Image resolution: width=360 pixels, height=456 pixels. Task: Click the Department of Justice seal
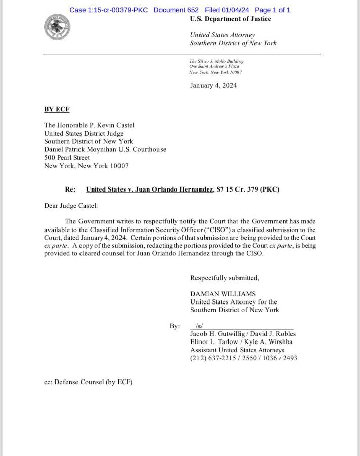click(x=57, y=27)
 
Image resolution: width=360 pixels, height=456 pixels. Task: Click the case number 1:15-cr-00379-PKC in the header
click(x=108, y=10)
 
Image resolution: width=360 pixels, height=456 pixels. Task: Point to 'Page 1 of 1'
click(x=272, y=10)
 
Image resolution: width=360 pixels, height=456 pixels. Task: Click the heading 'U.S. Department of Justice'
click(x=230, y=19)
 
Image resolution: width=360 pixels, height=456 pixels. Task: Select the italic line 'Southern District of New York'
click(x=233, y=43)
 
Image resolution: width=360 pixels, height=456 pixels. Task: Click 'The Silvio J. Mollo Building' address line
click(x=216, y=61)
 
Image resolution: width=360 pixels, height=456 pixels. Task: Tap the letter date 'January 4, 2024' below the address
click(x=213, y=85)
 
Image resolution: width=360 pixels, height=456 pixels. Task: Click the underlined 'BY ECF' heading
click(x=57, y=109)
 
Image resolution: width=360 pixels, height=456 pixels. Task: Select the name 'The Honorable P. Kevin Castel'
click(x=89, y=125)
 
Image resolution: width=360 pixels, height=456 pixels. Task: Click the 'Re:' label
click(x=70, y=189)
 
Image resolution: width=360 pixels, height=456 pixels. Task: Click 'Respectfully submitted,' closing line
click(x=224, y=278)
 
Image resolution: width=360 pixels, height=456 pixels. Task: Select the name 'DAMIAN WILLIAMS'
click(x=223, y=294)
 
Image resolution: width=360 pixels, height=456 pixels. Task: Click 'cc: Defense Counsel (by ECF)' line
click(x=88, y=382)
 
